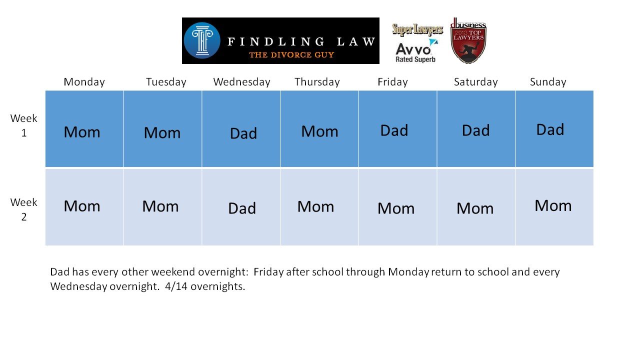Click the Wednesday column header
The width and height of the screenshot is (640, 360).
241,82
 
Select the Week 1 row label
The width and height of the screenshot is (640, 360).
23,125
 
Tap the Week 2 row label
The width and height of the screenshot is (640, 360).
23,209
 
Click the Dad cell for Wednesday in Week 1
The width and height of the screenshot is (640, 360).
241,129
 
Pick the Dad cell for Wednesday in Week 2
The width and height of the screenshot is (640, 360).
241,207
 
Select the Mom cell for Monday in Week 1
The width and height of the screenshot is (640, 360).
84,129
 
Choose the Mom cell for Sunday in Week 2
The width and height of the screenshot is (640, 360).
554,207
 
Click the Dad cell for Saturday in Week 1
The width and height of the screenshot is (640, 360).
476,129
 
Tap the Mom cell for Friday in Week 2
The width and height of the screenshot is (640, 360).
397,207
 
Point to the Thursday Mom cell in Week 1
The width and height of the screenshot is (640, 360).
319,129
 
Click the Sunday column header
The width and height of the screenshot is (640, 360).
548,82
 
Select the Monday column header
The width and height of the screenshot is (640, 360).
84,82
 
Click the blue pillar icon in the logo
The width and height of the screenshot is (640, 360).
202,40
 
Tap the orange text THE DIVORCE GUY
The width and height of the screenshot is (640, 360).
291,55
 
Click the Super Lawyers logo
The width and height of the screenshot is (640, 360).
417,29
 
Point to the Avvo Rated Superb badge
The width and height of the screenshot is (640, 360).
416,51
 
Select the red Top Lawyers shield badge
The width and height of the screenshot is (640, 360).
468,41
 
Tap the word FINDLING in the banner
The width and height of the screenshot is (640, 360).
275,41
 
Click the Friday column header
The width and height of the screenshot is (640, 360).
392,82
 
